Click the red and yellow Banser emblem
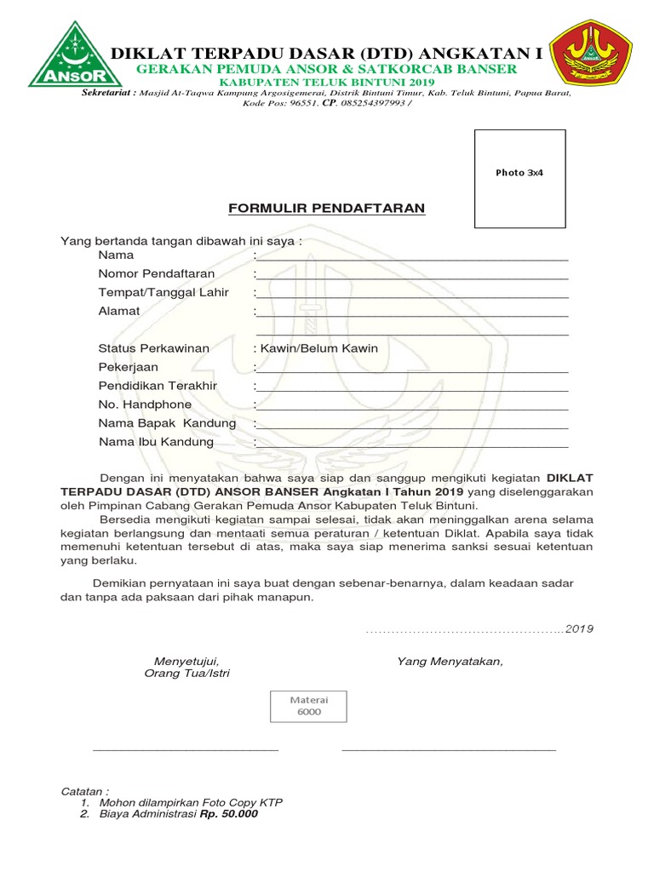point(591,54)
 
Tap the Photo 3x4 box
point(519,178)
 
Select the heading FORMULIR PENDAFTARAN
point(326,209)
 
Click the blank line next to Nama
point(411,257)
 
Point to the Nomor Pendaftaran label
point(157,273)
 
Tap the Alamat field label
point(119,311)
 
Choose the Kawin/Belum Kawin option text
point(316,348)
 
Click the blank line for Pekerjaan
point(411,370)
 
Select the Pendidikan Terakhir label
point(158,386)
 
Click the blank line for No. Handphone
point(411,408)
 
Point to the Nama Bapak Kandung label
point(167,423)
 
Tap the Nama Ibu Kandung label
point(156,442)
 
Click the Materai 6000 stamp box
point(309,705)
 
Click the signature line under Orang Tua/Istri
point(185,750)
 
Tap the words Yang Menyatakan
point(450,662)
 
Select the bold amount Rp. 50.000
point(228,813)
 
